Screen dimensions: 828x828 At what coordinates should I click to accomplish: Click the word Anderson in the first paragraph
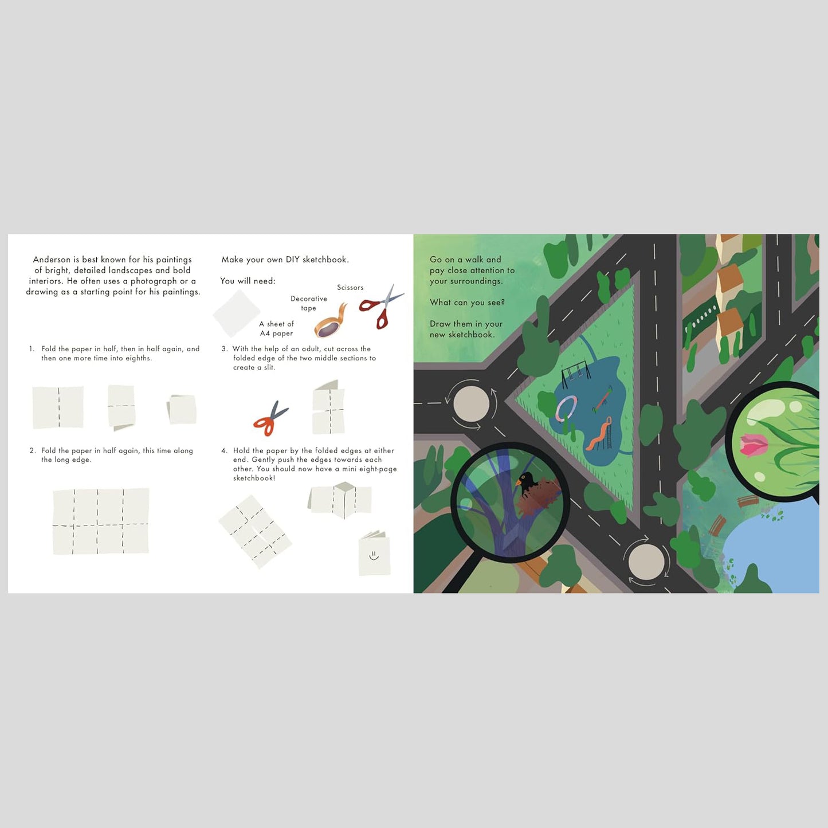(51, 260)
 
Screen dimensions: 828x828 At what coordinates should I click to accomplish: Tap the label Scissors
(350, 288)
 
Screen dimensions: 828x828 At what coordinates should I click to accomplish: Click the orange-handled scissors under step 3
(270, 418)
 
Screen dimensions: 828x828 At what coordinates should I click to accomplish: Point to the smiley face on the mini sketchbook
(374, 555)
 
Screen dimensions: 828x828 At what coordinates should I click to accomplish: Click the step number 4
(224, 451)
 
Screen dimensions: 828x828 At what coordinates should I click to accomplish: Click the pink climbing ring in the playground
(566, 409)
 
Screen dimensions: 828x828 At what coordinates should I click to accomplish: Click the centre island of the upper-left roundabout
(471, 404)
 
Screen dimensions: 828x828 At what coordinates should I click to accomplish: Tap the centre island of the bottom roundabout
(646, 561)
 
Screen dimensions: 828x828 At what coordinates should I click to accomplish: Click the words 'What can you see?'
(467, 303)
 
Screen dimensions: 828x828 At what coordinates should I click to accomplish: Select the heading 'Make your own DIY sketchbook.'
(285, 260)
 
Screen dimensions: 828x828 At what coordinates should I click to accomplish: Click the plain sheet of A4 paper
(237, 313)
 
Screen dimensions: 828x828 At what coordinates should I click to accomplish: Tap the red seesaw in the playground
(602, 399)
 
